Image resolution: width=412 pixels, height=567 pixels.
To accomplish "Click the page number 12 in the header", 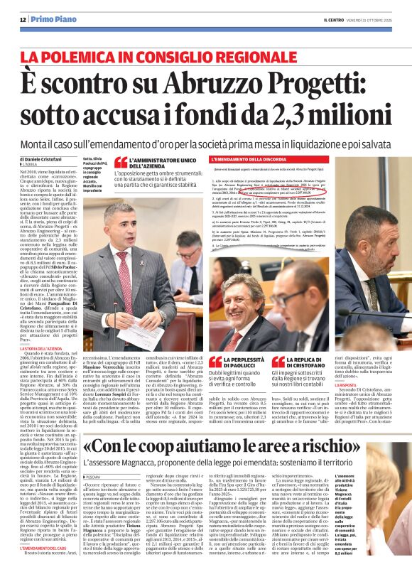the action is [23, 20].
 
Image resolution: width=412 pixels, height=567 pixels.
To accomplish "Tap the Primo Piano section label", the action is [53, 20].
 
